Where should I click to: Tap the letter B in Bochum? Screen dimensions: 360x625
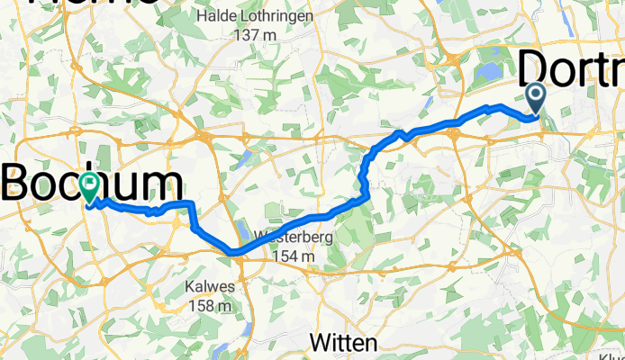(x=16, y=184)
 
